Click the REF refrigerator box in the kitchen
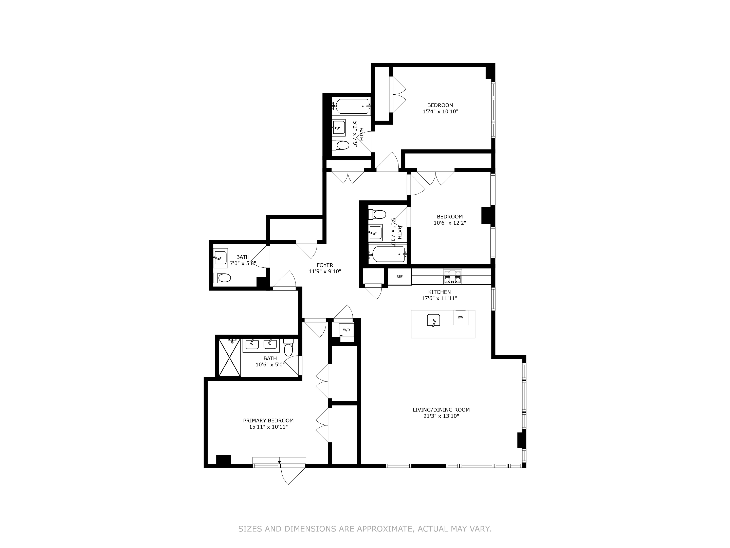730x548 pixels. pyautogui.click(x=399, y=277)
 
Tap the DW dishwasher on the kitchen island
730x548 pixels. pyautogui.click(x=460, y=317)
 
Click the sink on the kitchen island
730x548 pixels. pyautogui.click(x=433, y=320)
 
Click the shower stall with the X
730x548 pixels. pyautogui.click(x=229, y=357)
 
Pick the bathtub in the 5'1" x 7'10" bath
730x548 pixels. pyautogui.click(x=388, y=254)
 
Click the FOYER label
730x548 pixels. pyautogui.click(x=325, y=265)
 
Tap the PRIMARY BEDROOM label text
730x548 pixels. pyautogui.click(x=268, y=420)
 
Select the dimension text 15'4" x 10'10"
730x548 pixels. pyautogui.click(x=440, y=112)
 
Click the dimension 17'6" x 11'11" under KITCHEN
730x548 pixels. pyautogui.click(x=439, y=298)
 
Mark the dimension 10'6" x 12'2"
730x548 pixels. pyautogui.click(x=449, y=223)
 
